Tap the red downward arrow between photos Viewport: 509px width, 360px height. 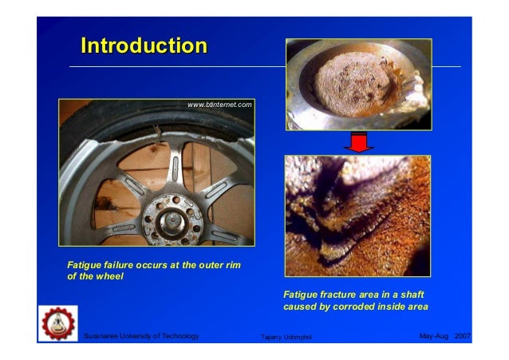[359, 143]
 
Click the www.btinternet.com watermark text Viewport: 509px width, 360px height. [219, 105]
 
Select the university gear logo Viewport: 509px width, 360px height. [57, 323]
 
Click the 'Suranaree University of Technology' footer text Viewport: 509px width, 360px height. [141, 337]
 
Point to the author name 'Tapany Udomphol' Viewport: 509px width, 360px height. [287, 338]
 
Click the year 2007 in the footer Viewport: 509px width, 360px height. [463, 337]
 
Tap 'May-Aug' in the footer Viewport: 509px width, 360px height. [433, 337]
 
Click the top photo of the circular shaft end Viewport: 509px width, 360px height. [359, 84]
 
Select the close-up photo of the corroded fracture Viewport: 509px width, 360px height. [357, 216]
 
